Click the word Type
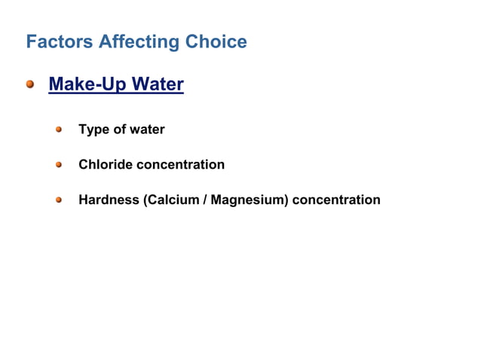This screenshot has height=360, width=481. (93, 130)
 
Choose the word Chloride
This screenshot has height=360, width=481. (104, 164)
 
